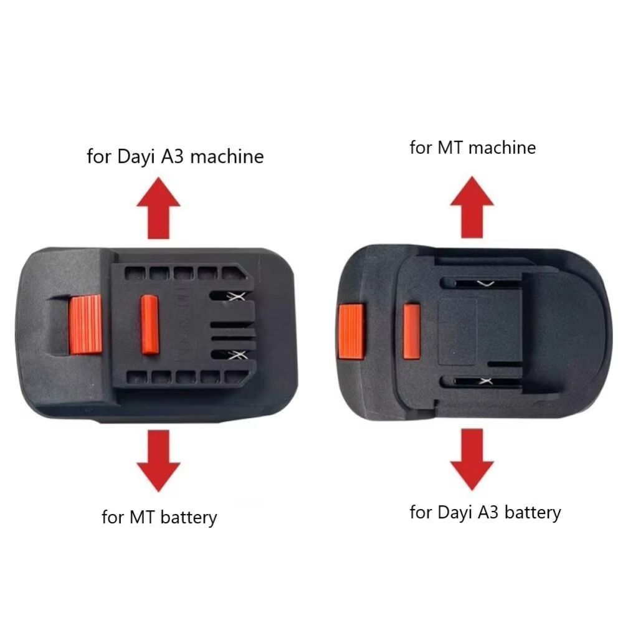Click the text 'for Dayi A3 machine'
[x=175, y=157]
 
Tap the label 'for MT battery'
[x=159, y=517]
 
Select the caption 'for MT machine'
[x=473, y=148]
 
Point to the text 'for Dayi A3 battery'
[x=485, y=513]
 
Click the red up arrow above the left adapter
[x=158, y=208]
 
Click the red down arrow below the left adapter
[x=158, y=461]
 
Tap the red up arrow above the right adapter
[x=472, y=207]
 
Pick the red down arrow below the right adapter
[x=472, y=459]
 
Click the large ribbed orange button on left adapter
[x=86, y=324]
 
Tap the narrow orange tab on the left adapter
[x=150, y=324]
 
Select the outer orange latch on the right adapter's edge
[x=351, y=331]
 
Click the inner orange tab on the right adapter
[x=412, y=331]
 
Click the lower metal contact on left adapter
[x=237, y=355]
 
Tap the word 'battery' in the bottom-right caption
[x=533, y=513]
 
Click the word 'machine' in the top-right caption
[x=502, y=148]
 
